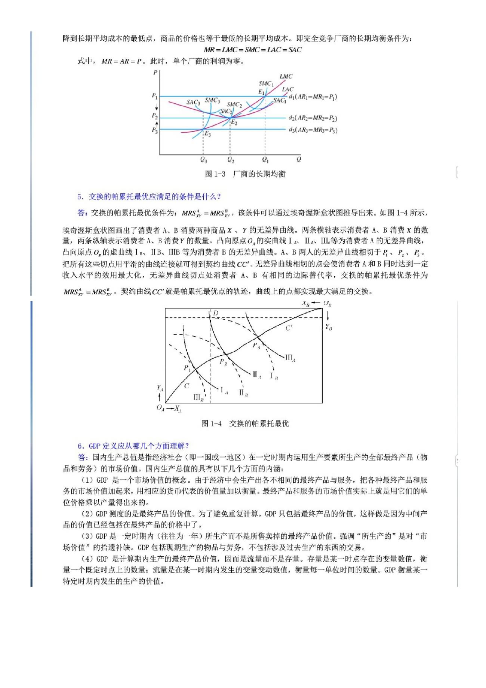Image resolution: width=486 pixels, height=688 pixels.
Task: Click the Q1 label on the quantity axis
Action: [265, 160]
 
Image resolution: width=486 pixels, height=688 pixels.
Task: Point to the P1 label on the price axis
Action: [154, 96]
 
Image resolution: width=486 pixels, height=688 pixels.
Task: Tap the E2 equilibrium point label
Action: [234, 122]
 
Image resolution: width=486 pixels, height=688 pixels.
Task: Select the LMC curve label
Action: [286, 76]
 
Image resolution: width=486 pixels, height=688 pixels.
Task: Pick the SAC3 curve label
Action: [193, 102]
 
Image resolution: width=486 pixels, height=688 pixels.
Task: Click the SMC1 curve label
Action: [266, 83]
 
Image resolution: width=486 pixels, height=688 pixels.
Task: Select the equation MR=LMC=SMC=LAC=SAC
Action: [253, 49]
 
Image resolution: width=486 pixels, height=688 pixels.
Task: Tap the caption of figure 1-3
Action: [245, 174]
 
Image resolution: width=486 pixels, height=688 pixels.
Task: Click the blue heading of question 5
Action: [149, 196]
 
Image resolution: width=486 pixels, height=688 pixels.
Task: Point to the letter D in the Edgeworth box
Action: [216, 313]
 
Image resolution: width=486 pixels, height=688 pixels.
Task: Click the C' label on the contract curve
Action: [289, 328]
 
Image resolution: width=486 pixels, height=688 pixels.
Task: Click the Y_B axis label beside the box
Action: [329, 327]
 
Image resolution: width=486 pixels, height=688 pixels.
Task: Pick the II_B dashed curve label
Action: [243, 393]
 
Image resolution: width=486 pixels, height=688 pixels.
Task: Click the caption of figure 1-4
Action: [245, 423]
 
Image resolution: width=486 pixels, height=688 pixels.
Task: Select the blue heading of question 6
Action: [133, 446]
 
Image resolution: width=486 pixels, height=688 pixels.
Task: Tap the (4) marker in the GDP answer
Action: [87, 559]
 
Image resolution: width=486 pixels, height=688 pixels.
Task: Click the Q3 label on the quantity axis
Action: [203, 160]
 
